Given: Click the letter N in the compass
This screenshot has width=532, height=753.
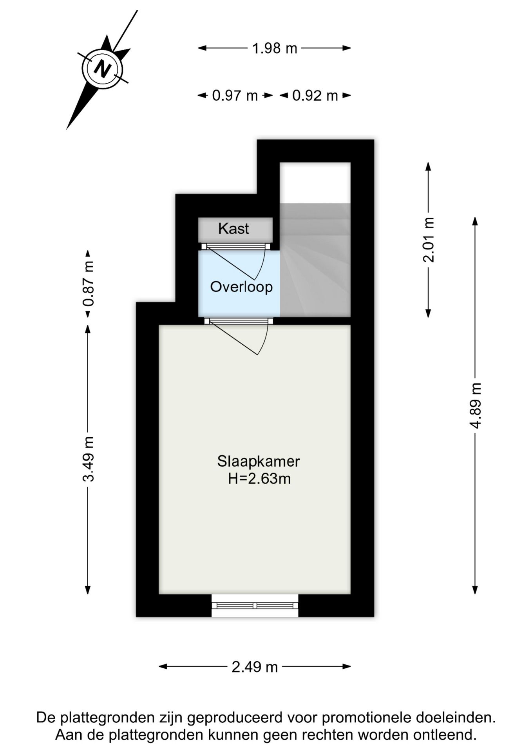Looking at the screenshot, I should (102, 69).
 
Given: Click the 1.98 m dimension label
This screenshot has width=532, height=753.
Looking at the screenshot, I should (274, 48).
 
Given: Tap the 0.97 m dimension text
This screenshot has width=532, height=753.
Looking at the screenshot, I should (235, 95).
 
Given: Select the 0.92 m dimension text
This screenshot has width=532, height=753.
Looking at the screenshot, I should (315, 95).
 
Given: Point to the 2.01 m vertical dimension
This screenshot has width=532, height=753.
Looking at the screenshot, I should (429, 240).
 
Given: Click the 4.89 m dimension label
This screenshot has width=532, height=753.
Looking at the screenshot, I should (475, 405).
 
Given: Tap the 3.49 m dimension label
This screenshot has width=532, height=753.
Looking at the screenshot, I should (88, 458).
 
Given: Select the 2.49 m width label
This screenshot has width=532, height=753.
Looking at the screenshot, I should (255, 666).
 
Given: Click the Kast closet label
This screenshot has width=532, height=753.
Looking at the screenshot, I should (233, 228).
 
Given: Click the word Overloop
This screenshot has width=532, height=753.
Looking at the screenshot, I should (241, 287).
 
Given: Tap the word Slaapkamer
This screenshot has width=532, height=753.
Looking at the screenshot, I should (259, 461).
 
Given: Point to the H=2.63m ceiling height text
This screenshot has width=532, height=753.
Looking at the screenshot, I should (259, 479).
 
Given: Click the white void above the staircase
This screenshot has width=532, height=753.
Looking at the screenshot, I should (315, 182).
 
